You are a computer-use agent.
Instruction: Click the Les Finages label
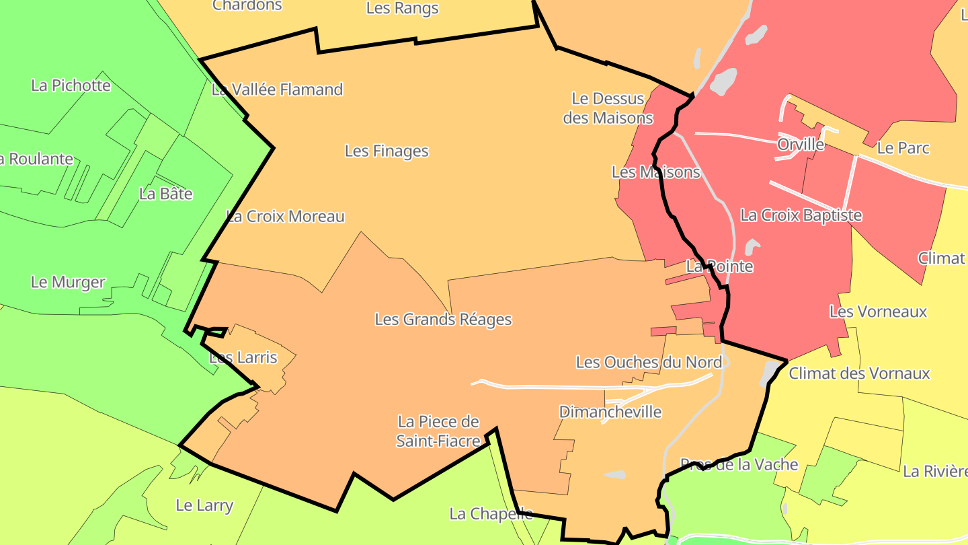tap(387, 151)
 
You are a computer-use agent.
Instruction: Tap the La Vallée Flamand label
tap(277, 89)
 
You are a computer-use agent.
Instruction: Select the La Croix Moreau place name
tap(286, 217)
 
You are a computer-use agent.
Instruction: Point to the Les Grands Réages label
tap(443, 320)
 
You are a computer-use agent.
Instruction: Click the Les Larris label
tap(243, 357)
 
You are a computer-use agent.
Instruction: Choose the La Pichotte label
tap(71, 85)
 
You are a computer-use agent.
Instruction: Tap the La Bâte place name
tap(166, 194)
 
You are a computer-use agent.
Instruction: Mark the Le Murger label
tap(68, 282)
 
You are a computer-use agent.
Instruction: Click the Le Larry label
tap(204, 505)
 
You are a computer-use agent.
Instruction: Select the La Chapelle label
tap(491, 514)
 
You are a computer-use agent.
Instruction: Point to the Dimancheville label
tap(610, 412)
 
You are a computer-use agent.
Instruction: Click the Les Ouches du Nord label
tap(649, 363)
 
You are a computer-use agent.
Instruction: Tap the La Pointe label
tap(719, 266)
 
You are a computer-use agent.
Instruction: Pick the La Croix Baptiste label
tap(801, 215)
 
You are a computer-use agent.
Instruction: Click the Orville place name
tap(801, 145)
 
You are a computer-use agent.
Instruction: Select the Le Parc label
tap(903, 148)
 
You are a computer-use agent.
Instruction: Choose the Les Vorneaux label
tap(878, 312)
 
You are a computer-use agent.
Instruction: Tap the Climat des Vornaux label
tap(859, 373)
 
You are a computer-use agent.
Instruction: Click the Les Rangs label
tap(403, 9)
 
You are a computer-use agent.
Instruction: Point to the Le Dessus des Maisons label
tap(608, 108)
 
